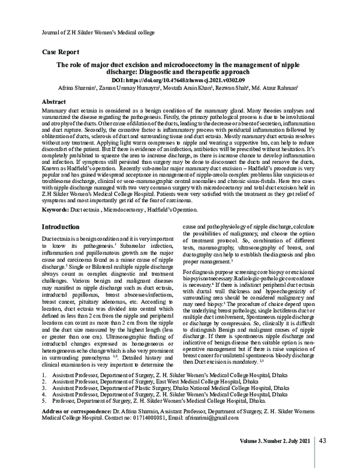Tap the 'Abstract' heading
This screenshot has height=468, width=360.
[x=55, y=102]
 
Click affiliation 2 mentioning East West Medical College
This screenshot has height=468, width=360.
[x=165, y=380]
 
